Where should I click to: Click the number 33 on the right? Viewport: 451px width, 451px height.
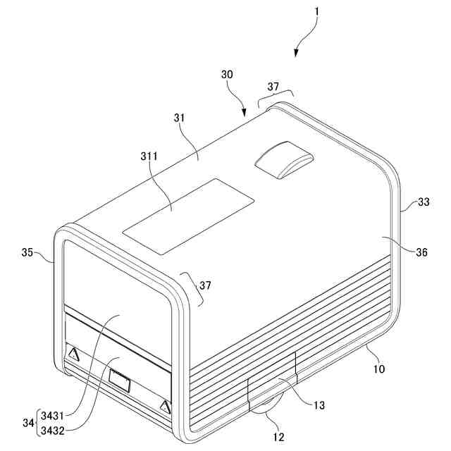tap(423, 202)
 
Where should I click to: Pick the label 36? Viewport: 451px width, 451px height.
tap(422, 252)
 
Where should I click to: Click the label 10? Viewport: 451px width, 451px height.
tap(378, 368)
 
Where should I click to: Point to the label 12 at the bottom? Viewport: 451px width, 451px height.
tap(279, 437)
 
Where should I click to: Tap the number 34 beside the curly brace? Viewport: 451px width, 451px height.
tap(28, 422)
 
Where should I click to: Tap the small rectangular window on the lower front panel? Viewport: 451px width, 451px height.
tap(120, 384)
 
